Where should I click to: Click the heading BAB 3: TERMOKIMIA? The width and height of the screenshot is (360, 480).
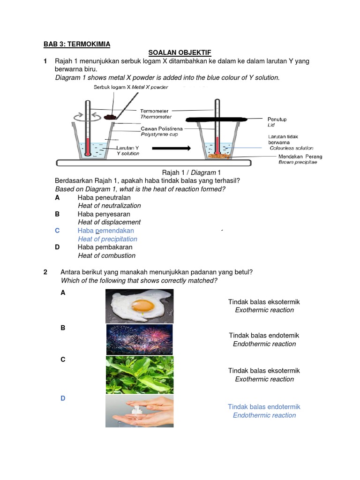tap(77, 44)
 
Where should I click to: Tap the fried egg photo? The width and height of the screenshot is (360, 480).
tap(139, 306)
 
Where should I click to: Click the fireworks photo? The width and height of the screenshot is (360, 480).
tap(139, 339)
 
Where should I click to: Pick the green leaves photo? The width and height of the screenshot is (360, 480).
tap(139, 375)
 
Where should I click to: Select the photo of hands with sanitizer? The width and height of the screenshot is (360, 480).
tap(139, 411)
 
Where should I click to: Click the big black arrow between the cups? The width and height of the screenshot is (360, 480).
tap(172, 148)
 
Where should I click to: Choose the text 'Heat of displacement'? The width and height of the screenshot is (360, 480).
tap(109, 222)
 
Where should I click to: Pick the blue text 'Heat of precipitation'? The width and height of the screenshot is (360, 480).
tap(107, 239)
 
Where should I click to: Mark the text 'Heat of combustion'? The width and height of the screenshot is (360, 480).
tap(106, 255)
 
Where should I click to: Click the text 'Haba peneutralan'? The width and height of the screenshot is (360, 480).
tap(104, 197)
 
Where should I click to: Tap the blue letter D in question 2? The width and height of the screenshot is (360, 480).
tap(63, 398)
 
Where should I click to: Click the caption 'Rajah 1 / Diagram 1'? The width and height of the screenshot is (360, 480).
tap(191, 172)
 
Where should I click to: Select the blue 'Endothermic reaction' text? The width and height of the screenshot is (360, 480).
tap(264, 415)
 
